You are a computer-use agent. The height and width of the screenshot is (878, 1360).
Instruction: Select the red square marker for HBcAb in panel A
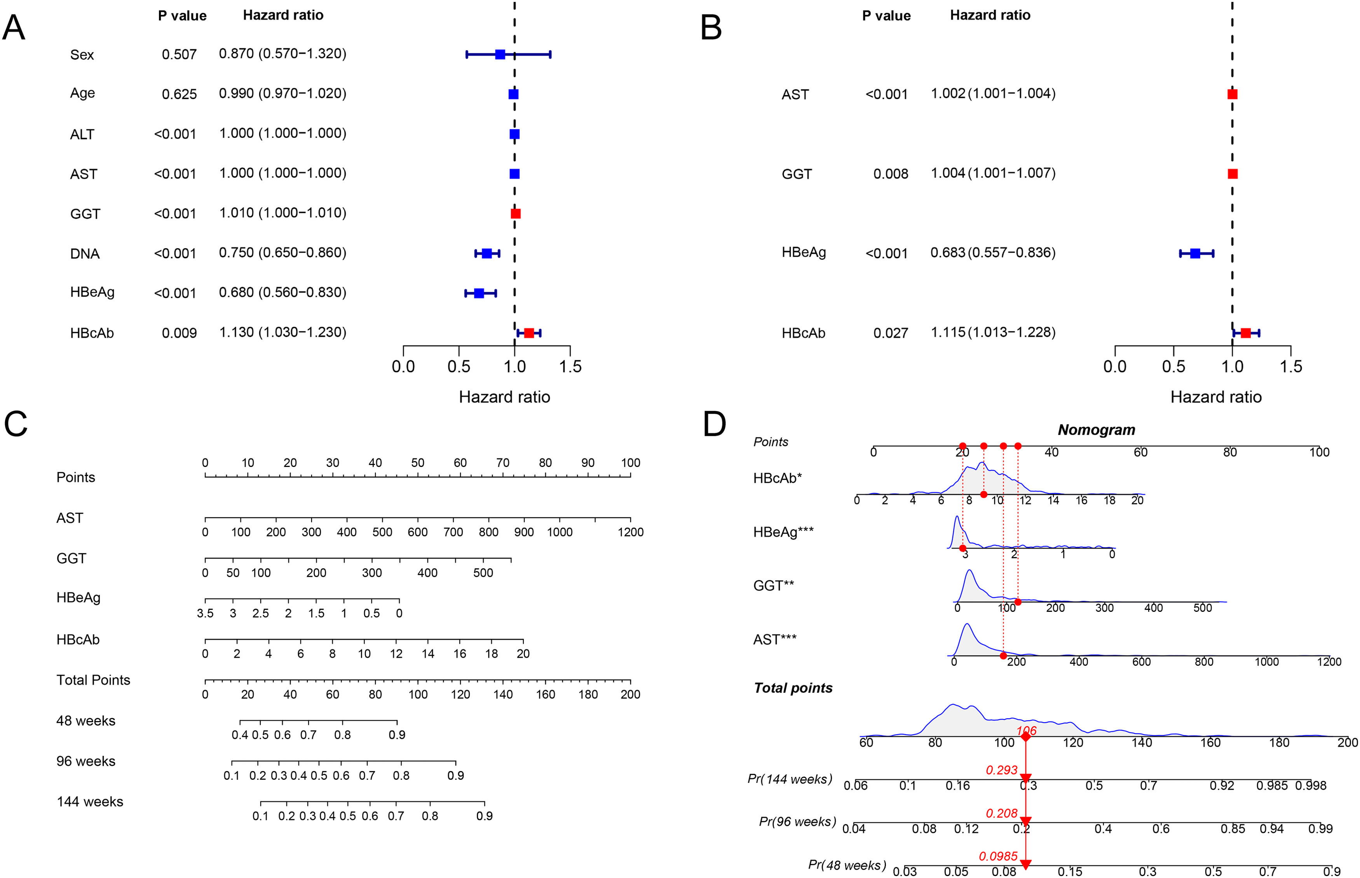[x=528, y=333]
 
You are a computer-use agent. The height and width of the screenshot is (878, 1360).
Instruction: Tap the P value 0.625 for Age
[x=179, y=94]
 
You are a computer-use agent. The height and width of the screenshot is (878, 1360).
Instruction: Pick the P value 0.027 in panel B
[x=890, y=333]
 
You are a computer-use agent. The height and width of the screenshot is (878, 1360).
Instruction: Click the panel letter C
[x=16, y=424]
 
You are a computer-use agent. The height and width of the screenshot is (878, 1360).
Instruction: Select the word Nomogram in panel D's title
[x=1096, y=430]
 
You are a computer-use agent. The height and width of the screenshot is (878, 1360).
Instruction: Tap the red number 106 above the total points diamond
[x=1026, y=730]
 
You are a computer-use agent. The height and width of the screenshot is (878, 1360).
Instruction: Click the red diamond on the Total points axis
[x=1025, y=737]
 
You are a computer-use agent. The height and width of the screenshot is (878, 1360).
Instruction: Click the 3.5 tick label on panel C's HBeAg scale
[x=205, y=613]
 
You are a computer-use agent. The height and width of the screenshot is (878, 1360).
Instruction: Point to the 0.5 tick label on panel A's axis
[x=459, y=367]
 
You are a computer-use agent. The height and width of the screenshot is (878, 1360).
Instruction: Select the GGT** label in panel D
[x=773, y=585]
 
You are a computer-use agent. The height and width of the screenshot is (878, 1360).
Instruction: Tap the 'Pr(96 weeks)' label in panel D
[x=797, y=822]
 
